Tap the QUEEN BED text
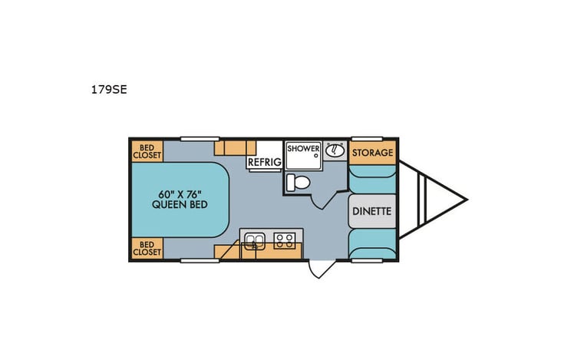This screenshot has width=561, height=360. click(180, 206)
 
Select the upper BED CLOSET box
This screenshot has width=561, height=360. click(147, 150)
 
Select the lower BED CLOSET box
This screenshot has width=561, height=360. click(147, 248)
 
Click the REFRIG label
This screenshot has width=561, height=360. click(262, 162)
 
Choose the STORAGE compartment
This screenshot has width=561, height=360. click(372, 153)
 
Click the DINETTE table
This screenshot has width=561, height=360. click(372, 210)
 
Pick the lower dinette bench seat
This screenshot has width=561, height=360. click(372, 243)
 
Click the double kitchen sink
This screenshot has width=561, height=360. click(254, 242)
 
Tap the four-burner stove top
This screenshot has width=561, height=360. click(285, 242)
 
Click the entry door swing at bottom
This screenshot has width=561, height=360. click(318, 269)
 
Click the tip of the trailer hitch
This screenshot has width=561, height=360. click(466, 200)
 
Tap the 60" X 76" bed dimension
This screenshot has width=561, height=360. click(180, 194)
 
